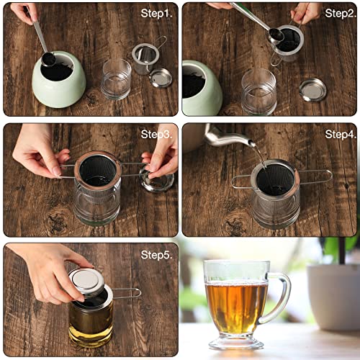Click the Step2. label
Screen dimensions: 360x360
coord(340,13)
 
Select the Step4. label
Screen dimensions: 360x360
coord(340,134)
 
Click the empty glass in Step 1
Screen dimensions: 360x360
coord(116,79)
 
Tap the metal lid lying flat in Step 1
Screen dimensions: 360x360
coord(161,78)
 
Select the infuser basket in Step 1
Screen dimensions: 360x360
coord(145,56)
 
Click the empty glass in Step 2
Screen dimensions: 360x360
coord(258,91)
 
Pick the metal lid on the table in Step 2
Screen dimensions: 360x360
coord(312,89)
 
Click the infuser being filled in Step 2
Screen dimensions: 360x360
coord(288,42)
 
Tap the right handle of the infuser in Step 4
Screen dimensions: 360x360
coord(316,176)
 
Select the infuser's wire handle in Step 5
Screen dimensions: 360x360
coord(127,292)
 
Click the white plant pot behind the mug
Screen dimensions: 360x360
coord(333,295)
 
